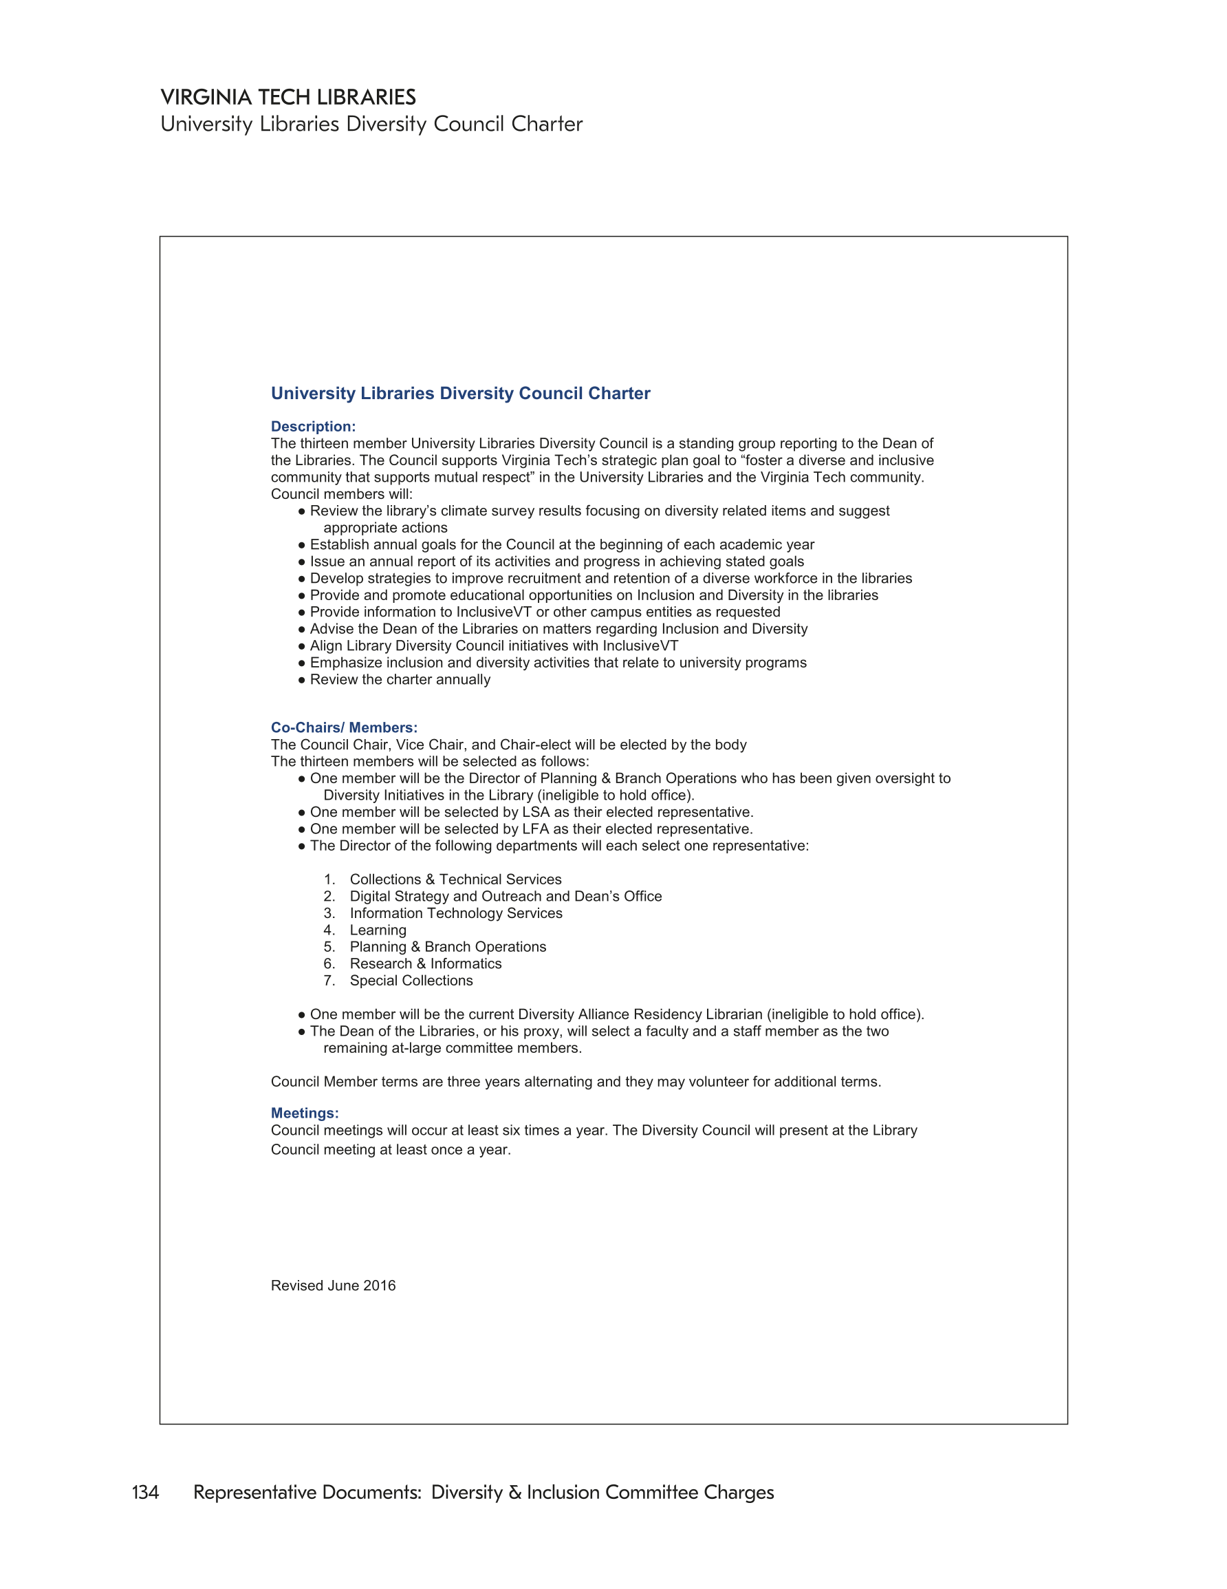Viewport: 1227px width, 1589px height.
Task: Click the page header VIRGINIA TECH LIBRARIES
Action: click(288, 97)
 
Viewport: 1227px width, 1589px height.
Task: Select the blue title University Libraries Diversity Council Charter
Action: click(460, 394)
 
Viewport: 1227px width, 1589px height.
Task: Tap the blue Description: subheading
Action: click(313, 427)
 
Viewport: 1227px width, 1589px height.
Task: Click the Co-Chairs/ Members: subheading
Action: click(344, 727)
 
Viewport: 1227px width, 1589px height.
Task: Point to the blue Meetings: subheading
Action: click(305, 1113)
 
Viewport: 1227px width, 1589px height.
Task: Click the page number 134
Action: click(145, 1492)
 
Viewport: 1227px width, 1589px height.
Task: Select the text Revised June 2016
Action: click(333, 1286)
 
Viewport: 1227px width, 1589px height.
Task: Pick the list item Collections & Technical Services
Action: click(455, 879)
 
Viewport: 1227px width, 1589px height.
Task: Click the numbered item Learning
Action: click(378, 930)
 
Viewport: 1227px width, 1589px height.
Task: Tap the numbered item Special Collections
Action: click(411, 981)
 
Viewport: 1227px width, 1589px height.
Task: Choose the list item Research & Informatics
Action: click(426, 964)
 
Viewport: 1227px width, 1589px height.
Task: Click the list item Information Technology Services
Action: click(456, 913)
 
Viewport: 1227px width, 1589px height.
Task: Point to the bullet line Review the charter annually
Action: click(400, 679)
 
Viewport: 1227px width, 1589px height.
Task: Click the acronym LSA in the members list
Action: click(535, 812)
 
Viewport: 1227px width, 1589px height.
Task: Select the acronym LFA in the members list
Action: click(535, 829)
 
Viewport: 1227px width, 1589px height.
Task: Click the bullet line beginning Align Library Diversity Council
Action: click(494, 646)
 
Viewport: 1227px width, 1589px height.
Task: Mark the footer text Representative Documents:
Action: click(307, 1492)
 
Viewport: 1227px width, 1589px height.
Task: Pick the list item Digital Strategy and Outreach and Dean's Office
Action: click(506, 897)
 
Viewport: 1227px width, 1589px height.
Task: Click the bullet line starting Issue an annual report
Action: click(556, 562)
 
